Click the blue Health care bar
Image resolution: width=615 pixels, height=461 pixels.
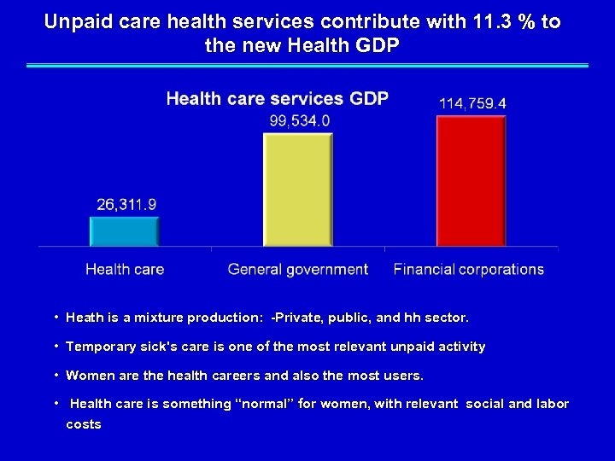(125, 231)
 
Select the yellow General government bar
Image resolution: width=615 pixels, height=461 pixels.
(297, 190)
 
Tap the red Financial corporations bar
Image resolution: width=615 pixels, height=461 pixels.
(471, 181)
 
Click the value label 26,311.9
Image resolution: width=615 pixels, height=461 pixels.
(126, 205)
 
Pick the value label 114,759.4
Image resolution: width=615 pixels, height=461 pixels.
(472, 103)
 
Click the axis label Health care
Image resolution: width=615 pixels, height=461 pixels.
(125, 269)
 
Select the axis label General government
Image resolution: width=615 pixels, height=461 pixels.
(298, 269)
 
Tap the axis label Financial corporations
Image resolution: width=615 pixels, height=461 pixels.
(469, 269)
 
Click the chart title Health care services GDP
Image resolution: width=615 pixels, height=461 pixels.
(277, 99)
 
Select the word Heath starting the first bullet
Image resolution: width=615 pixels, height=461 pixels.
(85, 318)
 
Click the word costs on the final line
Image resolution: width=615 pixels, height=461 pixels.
(84, 424)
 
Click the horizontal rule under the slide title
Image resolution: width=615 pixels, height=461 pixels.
(307, 65)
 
